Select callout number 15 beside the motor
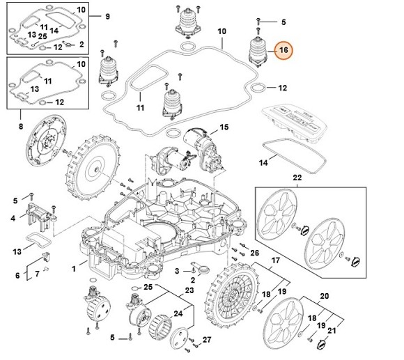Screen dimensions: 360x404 click(224, 127)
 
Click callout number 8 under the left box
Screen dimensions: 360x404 click(21, 127)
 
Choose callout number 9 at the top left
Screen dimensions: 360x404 click(107, 16)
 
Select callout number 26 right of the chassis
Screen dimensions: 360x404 click(255, 252)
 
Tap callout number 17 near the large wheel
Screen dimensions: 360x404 click(276, 261)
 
